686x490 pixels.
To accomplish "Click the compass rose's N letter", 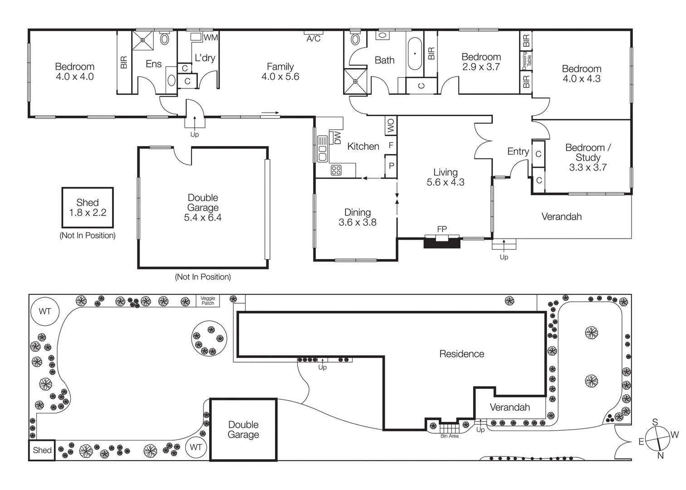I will (x=660, y=456).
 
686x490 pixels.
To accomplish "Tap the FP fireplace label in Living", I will (x=442, y=230).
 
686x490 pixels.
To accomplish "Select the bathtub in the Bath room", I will (x=415, y=54).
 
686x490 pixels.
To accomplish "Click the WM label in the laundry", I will (x=211, y=38).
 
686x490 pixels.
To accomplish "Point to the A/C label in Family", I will (x=314, y=39).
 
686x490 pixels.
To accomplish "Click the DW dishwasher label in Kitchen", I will (x=337, y=137).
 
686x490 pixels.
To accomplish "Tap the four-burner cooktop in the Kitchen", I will (x=336, y=170).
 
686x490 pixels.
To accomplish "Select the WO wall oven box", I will (x=391, y=126).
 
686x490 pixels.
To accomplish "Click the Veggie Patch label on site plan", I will (x=208, y=301).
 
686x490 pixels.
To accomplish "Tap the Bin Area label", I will (x=450, y=436).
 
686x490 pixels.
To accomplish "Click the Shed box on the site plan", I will (x=42, y=450).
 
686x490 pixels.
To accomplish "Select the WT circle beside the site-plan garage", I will (x=196, y=447).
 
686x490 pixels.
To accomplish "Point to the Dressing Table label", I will (x=526, y=59).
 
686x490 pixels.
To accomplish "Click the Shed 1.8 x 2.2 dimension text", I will (x=88, y=213).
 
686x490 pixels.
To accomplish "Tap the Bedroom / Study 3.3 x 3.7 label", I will (x=588, y=157).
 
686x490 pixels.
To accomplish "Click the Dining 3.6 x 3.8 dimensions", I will (x=358, y=222).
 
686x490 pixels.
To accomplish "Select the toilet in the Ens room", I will (x=164, y=39).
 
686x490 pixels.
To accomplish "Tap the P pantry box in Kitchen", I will (x=391, y=166).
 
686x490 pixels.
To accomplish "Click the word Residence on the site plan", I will (x=461, y=354).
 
